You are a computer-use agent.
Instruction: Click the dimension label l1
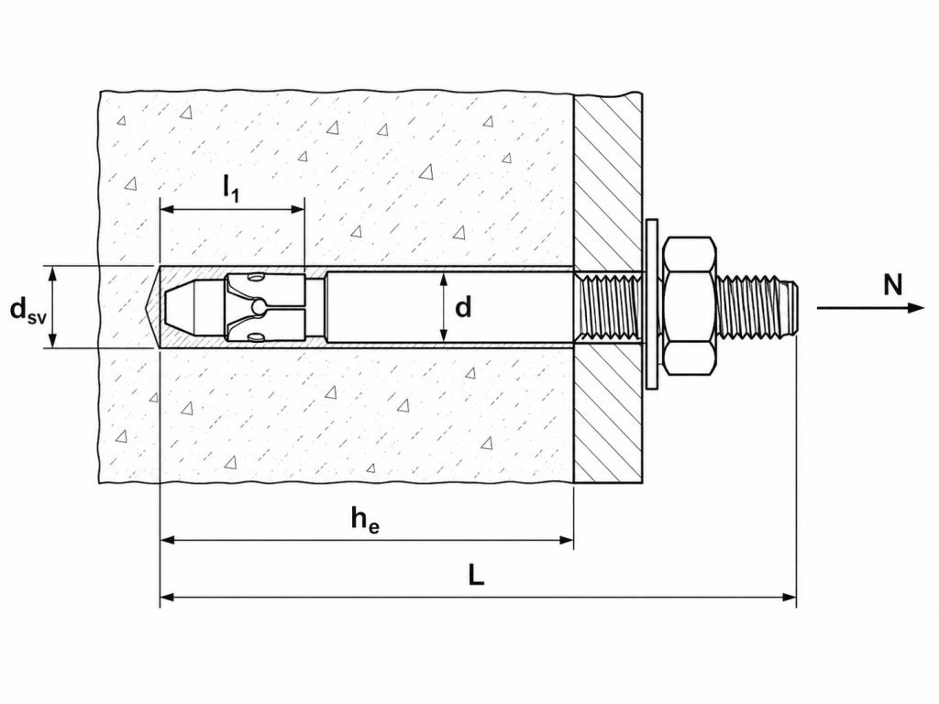pos(231,188)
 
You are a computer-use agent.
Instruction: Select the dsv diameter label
pos(28,310)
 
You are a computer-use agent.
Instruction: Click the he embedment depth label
pos(365,518)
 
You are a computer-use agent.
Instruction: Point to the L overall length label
pos(476,576)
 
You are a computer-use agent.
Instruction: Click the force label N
pos(892,285)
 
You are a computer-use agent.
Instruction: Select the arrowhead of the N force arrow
pos(917,308)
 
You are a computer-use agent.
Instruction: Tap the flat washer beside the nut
pos(653,306)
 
